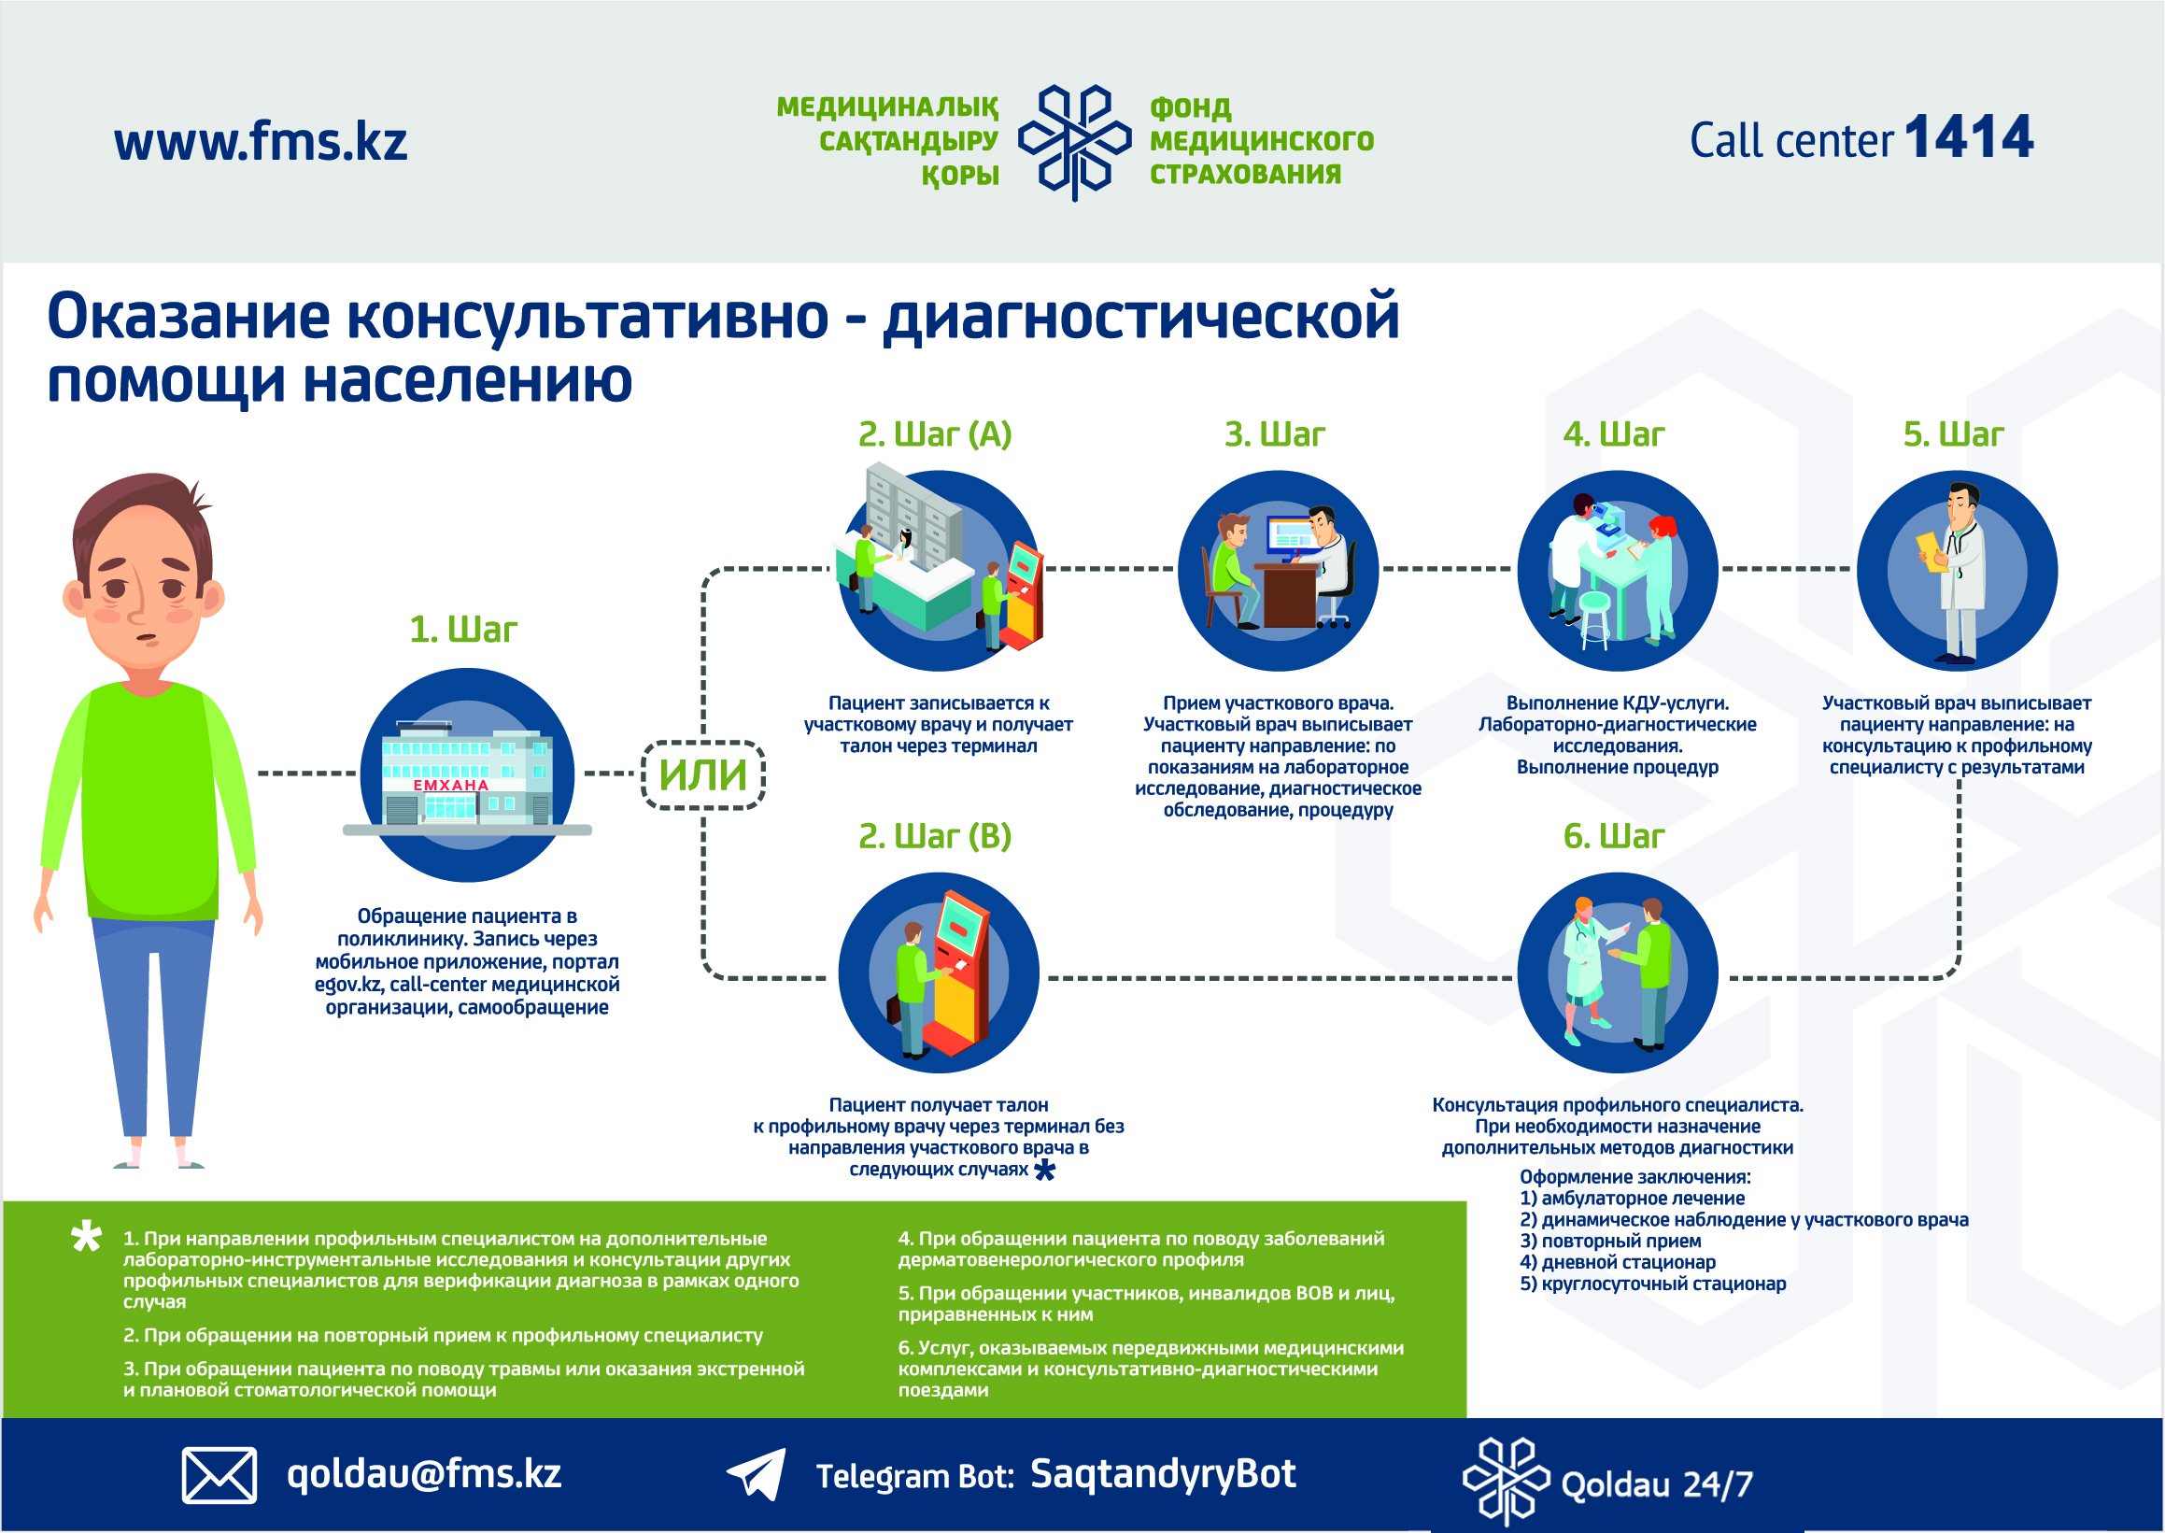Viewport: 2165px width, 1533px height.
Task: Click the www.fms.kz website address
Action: click(x=261, y=142)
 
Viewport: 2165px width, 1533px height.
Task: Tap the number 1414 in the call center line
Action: click(x=1969, y=138)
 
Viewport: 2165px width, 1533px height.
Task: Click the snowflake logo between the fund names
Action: click(x=1074, y=142)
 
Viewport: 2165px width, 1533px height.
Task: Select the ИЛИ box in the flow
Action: click(x=703, y=775)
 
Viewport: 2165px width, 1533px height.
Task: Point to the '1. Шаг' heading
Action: click(x=463, y=630)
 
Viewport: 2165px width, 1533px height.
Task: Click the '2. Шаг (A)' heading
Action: click(x=934, y=434)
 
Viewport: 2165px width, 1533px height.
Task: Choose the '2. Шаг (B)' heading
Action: click(x=934, y=836)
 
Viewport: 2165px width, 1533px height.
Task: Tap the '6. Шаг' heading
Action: click(x=1614, y=836)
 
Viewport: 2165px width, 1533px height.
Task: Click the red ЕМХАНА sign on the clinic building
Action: click(x=451, y=786)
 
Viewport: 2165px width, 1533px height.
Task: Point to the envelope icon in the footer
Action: click(x=219, y=1474)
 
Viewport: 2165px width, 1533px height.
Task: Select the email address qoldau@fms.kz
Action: click(x=424, y=1473)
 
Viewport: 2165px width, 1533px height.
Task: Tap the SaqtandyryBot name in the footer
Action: click(x=1163, y=1473)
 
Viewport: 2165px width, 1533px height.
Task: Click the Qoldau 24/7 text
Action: click(x=1656, y=1483)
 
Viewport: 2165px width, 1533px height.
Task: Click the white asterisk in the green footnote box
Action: click(x=87, y=1237)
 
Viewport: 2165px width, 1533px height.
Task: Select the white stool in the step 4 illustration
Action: click(x=1593, y=618)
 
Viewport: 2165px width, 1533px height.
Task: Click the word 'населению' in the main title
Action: click(x=468, y=380)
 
